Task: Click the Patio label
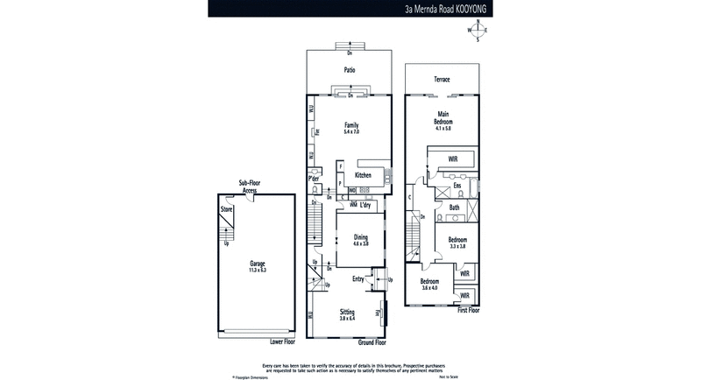350,70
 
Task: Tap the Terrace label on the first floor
442,80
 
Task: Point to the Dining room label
361,236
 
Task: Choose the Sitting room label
350,310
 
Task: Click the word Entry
358,279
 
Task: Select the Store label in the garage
226,210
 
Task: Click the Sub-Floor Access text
250,186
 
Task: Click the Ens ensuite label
457,186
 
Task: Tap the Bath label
454,208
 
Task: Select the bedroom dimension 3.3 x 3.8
457,246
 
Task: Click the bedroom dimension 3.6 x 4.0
430,288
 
